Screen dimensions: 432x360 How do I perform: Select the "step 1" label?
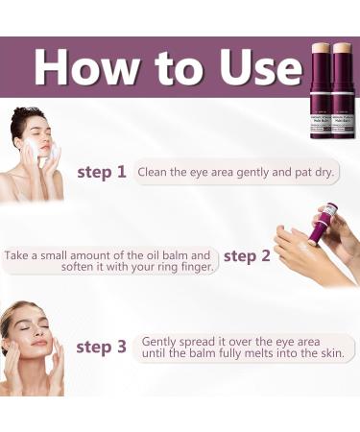101,173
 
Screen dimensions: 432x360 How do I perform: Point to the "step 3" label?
101,347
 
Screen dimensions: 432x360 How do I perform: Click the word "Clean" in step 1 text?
156,173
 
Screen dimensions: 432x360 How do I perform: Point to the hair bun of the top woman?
23,115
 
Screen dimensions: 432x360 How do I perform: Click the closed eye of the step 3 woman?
43,327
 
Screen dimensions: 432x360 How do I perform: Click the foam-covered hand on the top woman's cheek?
50,154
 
